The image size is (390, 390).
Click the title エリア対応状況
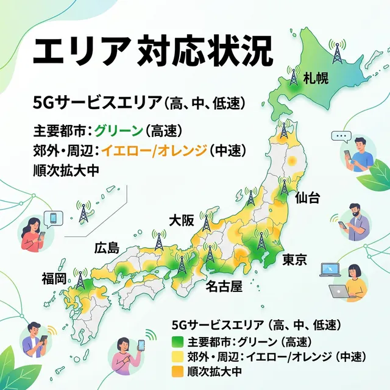(149, 52)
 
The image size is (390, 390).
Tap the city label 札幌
(316, 77)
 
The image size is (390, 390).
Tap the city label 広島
(107, 247)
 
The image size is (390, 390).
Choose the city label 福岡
(54, 279)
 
